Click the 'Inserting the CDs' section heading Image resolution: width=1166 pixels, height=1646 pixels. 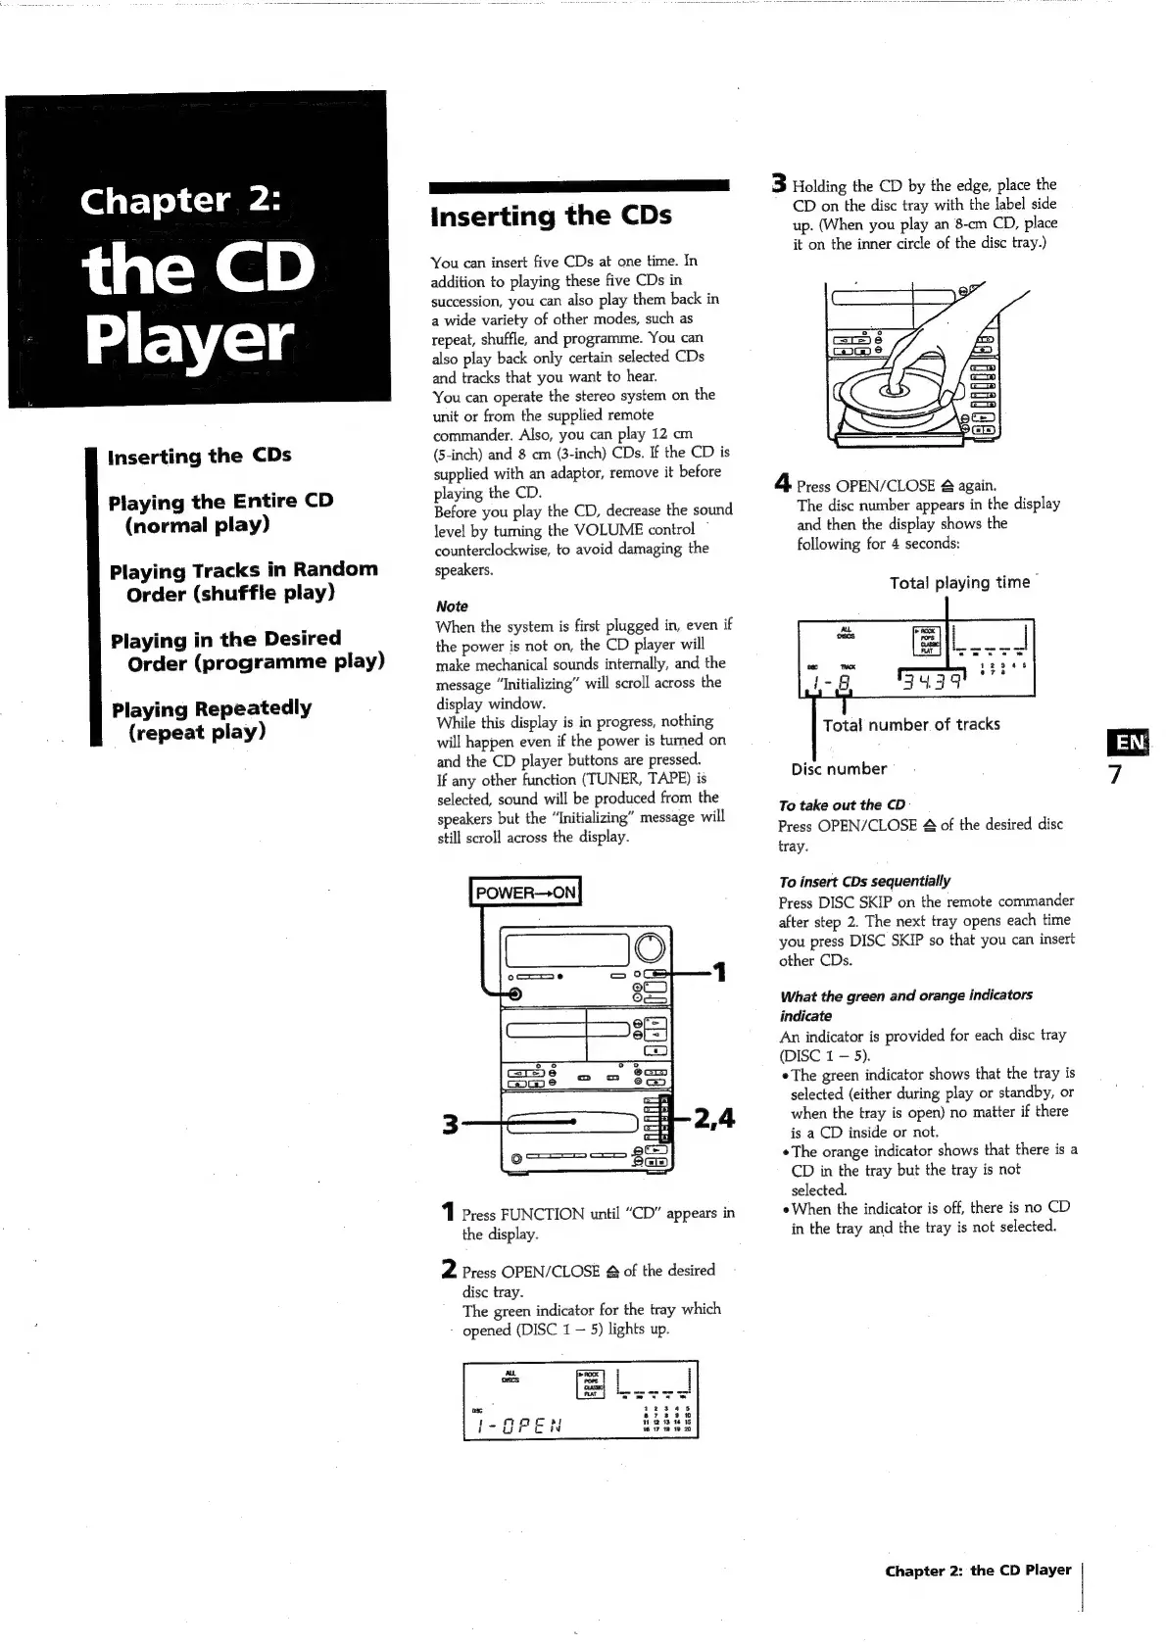click(551, 216)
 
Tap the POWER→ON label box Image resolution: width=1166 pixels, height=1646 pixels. click(525, 893)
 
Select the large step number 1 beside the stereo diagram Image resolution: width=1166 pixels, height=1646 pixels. click(720, 972)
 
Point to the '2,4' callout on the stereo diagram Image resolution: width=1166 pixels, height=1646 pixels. click(713, 1118)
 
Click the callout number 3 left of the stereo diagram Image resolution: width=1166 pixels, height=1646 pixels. click(450, 1124)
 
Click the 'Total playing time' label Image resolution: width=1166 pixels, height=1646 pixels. click(959, 583)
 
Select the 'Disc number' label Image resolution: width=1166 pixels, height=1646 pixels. click(839, 769)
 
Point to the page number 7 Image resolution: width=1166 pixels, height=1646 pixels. click(1114, 776)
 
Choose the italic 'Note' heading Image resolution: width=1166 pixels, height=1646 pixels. click(452, 606)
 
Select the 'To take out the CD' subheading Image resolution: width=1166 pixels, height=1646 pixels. click(842, 805)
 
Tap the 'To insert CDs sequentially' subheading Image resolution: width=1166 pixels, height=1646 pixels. click(864, 881)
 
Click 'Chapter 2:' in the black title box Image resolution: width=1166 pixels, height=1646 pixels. click(181, 200)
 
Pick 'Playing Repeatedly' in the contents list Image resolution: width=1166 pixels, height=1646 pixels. click(212, 708)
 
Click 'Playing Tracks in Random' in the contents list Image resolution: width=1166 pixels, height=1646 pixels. click(243, 570)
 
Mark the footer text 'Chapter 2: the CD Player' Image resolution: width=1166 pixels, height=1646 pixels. click(977, 1570)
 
